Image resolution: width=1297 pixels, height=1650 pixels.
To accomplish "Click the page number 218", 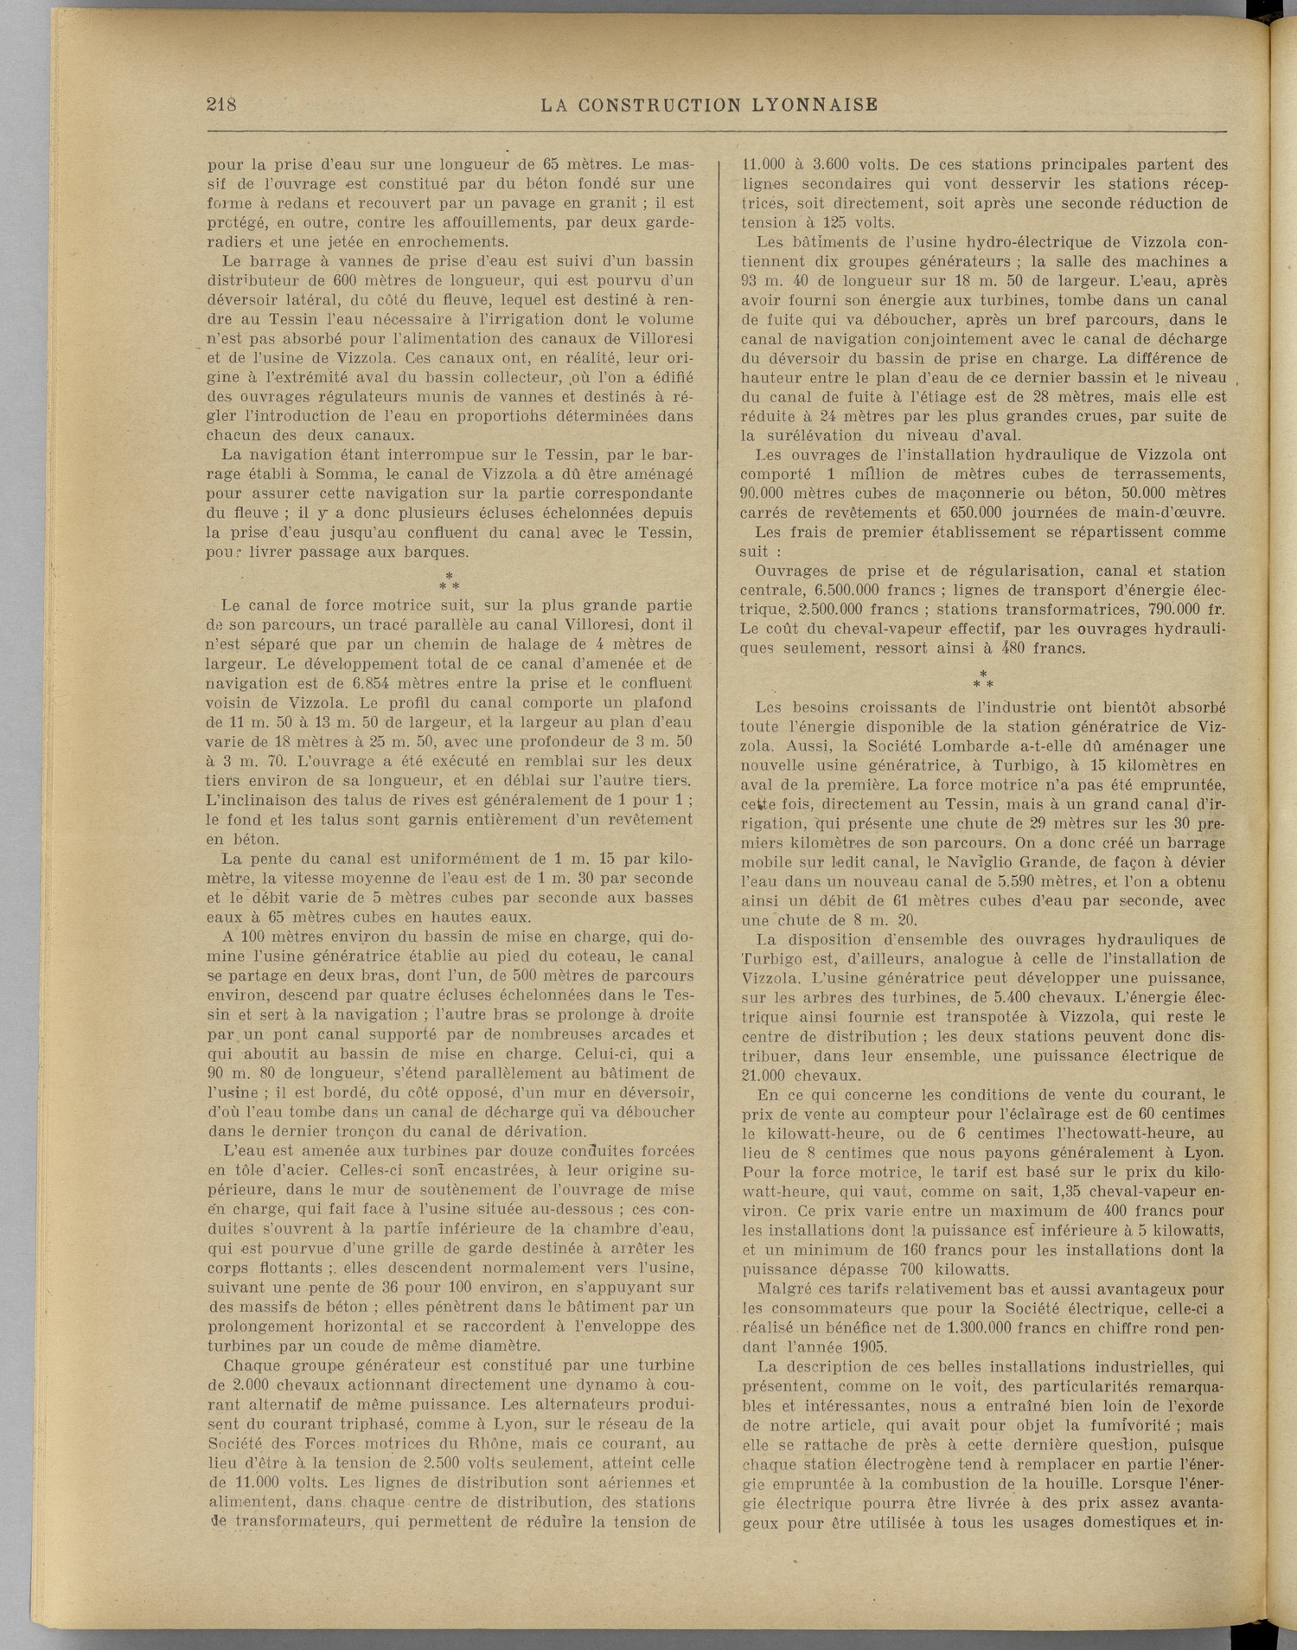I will (x=221, y=105).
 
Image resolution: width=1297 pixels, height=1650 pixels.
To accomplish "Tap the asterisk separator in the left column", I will (x=450, y=581).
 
